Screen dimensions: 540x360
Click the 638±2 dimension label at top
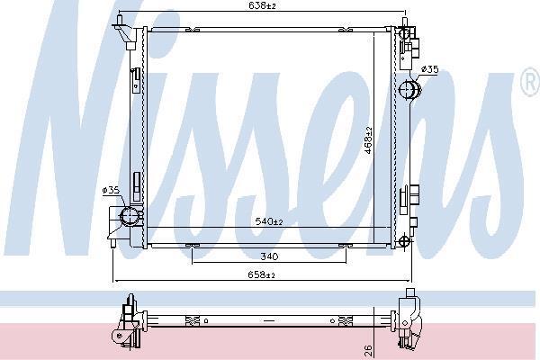[262, 5]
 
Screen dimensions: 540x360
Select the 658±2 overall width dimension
[261, 274]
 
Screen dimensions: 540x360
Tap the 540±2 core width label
[269, 221]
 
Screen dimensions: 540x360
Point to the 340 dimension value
[269, 256]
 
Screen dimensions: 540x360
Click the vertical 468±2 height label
[368, 139]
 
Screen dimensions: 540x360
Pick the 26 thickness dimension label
[368, 350]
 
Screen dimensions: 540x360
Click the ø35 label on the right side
[430, 69]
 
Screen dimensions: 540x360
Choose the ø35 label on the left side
[111, 190]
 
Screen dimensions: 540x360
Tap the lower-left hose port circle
[130, 216]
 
